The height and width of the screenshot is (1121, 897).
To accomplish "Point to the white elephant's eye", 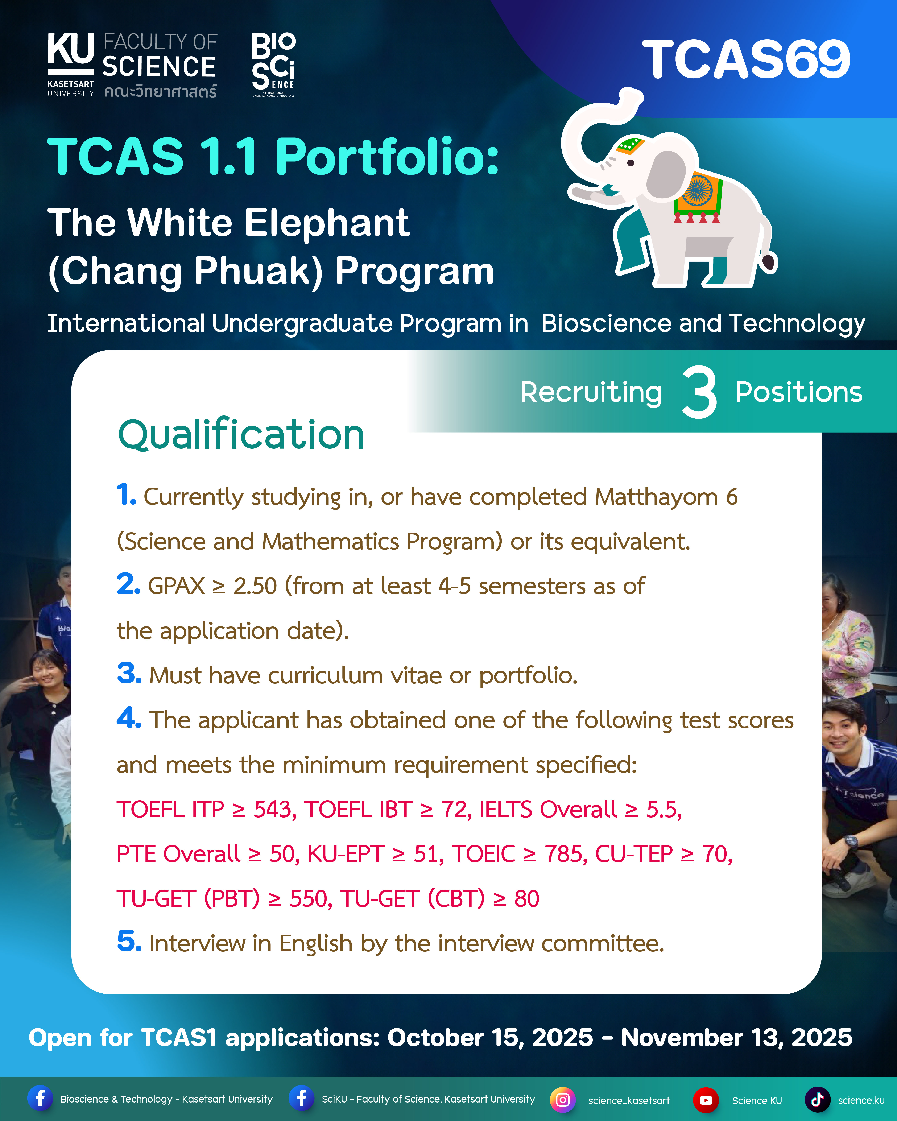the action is click(631, 163).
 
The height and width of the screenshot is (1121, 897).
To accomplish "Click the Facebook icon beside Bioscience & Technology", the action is click(40, 1099).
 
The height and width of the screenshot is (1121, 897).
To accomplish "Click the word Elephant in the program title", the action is click(327, 223).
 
